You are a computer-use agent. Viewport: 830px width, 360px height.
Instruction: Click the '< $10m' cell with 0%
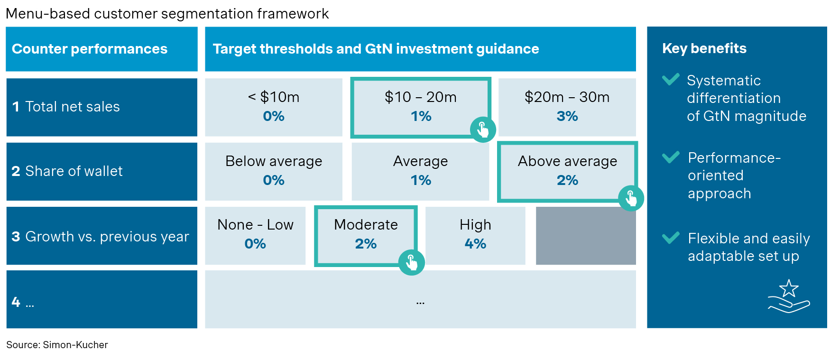[x=274, y=107]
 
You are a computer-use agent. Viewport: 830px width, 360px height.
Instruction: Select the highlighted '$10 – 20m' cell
[x=420, y=106]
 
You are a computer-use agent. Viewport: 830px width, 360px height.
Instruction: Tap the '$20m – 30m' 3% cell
[x=567, y=107]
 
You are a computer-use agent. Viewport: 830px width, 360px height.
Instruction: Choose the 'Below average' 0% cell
[x=274, y=171]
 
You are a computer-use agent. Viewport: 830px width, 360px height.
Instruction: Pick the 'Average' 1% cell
[x=420, y=171]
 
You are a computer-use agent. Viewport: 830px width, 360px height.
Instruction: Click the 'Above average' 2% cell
[x=567, y=170]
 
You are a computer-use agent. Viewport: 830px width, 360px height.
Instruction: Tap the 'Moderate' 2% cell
[x=366, y=234]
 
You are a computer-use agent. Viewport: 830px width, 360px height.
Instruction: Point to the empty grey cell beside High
[x=586, y=235]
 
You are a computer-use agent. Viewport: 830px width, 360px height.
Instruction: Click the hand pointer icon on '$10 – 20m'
[x=483, y=129]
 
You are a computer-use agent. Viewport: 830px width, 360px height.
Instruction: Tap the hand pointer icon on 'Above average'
[x=631, y=198]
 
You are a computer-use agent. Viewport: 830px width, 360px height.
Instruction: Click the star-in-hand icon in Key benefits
[x=789, y=296]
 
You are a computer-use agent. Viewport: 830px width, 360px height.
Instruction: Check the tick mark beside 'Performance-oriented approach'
[x=671, y=157]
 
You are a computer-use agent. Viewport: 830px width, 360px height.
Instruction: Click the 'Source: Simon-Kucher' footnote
[x=57, y=345]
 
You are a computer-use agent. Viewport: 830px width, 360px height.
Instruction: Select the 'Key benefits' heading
[x=704, y=48]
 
